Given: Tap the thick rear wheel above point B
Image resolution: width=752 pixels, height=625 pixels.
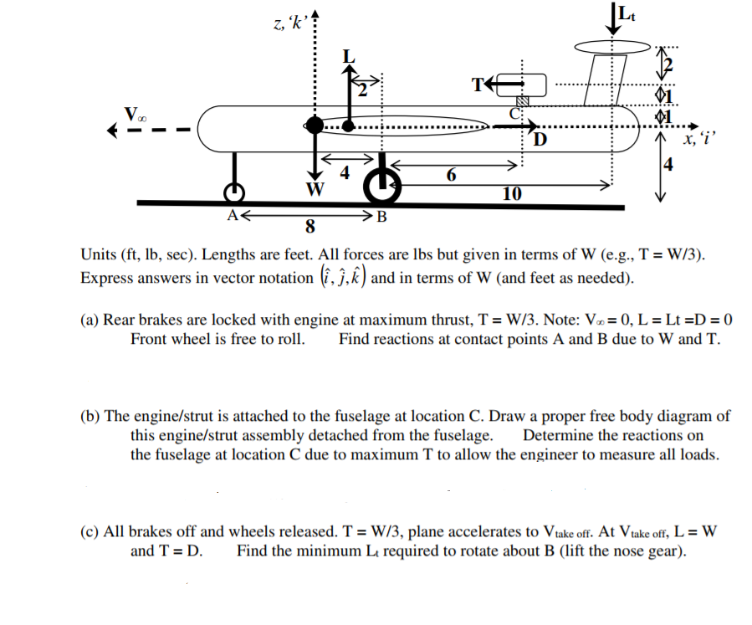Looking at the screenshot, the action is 381,188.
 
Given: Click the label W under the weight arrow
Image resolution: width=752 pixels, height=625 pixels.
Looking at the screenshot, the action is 315,188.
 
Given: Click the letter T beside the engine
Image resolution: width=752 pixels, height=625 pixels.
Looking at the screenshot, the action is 478,84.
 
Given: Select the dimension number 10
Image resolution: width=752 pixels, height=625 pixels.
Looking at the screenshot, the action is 513,194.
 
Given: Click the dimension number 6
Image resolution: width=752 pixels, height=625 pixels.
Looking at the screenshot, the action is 452,174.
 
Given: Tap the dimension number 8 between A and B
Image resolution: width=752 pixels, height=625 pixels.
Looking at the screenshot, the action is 311,226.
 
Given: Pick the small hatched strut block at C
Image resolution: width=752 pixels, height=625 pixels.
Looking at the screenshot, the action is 522,100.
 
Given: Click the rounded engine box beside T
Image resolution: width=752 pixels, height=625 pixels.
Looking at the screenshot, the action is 522,83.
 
